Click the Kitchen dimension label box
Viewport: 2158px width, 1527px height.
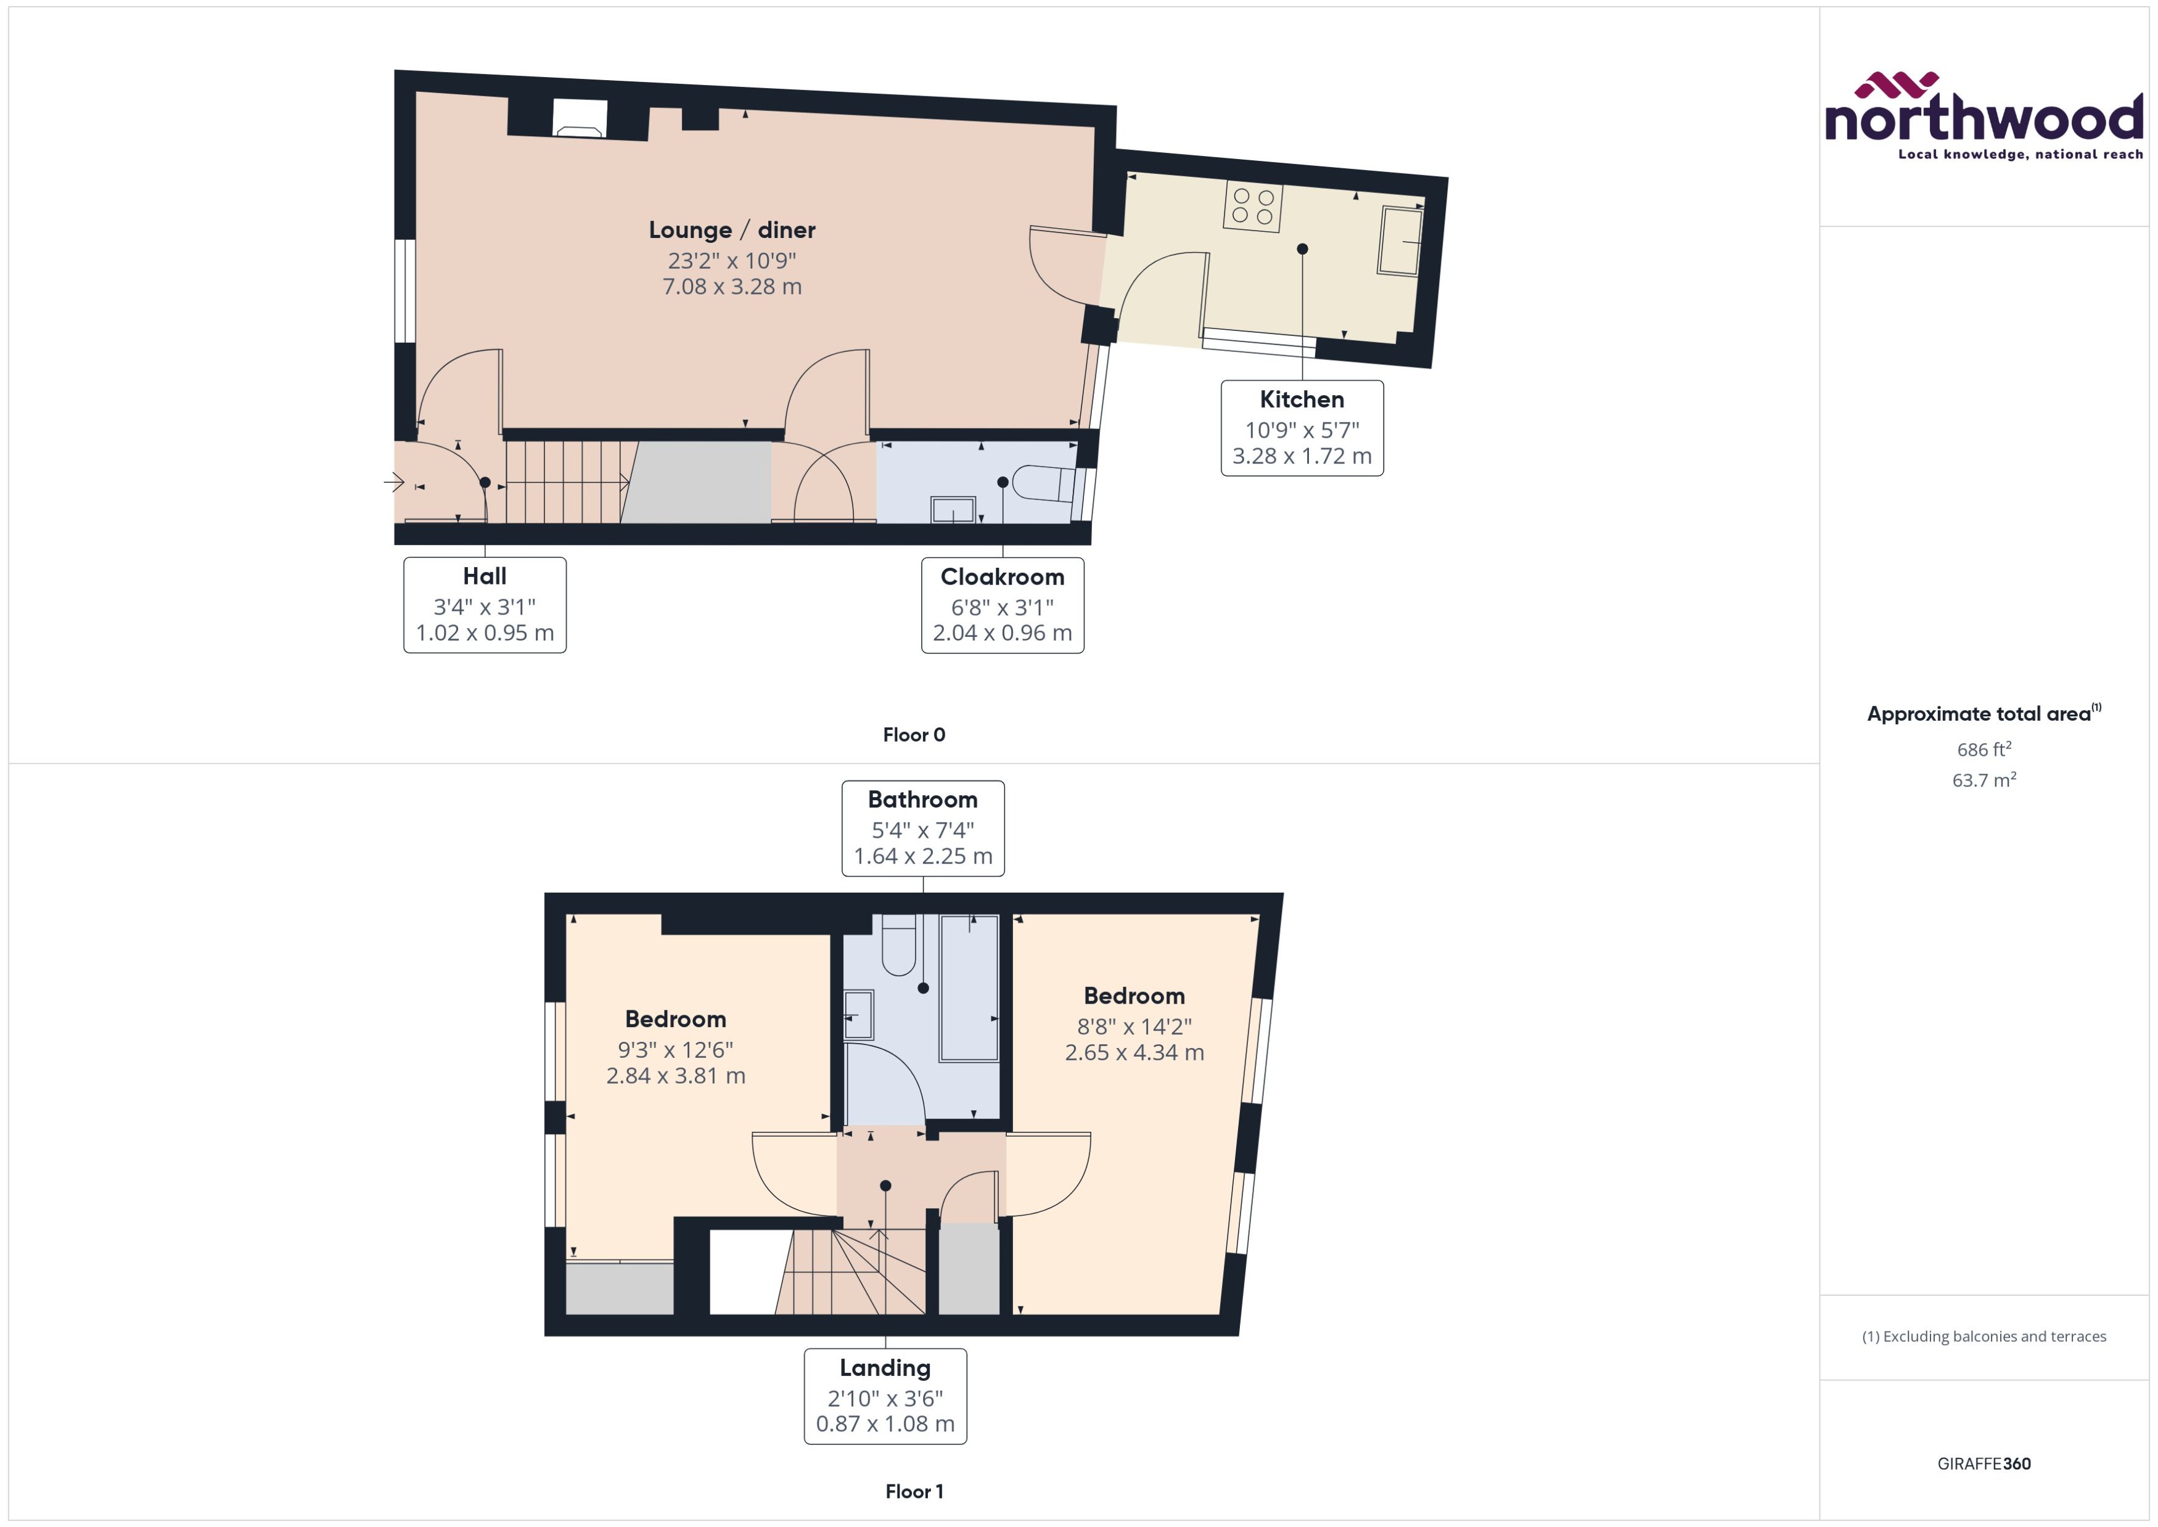[x=1302, y=428]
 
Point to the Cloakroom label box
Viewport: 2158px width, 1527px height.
[x=1003, y=605]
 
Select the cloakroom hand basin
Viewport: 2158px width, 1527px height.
[x=953, y=510]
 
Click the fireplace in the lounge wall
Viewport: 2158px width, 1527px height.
[x=578, y=120]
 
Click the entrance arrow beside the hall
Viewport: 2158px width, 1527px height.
[x=394, y=482]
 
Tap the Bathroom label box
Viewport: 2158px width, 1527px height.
[x=922, y=827]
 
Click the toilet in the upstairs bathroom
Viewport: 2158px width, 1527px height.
[x=898, y=945]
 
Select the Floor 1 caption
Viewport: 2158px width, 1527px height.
[x=913, y=1491]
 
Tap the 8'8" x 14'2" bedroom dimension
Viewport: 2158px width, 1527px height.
[x=1134, y=1027]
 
